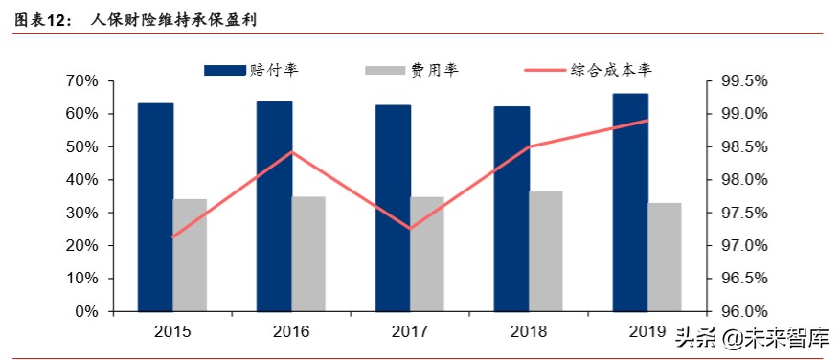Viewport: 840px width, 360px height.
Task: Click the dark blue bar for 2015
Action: tap(155, 206)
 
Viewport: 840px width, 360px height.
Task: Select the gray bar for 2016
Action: tap(308, 254)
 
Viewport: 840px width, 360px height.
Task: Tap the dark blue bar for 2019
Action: tap(630, 201)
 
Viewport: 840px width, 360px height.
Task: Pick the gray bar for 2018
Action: tap(546, 251)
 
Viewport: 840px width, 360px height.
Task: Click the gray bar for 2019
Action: tap(665, 257)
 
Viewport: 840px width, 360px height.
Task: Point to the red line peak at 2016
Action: tap(292, 152)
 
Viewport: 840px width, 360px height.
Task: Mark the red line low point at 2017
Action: tap(411, 229)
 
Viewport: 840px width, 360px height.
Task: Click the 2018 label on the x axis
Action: tap(529, 332)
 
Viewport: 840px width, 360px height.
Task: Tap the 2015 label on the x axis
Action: tap(172, 332)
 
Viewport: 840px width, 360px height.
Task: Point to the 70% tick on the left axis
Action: tap(81, 81)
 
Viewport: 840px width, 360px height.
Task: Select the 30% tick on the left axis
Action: tap(81, 213)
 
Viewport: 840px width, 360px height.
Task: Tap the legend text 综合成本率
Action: tap(612, 69)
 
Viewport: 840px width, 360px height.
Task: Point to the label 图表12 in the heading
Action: tap(42, 19)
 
